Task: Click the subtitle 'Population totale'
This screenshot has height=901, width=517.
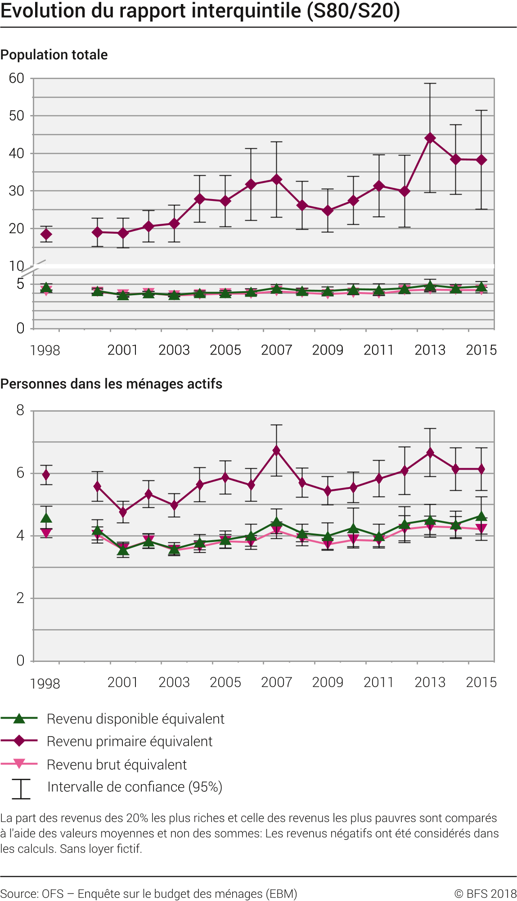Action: tap(54, 55)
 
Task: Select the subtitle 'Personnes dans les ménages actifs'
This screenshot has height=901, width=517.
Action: tap(111, 384)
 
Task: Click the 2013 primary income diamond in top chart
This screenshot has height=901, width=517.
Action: tap(430, 138)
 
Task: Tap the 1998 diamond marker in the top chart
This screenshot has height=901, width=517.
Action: tap(46, 234)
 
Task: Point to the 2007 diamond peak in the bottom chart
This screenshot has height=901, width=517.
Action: tap(277, 450)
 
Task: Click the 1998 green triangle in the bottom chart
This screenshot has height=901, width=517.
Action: tap(46, 518)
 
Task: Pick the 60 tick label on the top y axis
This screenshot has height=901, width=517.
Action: tap(17, 79)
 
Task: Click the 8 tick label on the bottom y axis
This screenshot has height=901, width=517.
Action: tap(20, 410)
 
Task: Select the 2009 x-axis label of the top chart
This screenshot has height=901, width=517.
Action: tap(328, 350)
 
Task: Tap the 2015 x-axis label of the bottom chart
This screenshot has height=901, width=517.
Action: tap(481, 682)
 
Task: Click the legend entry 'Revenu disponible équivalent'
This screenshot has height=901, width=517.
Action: tap(135, 719)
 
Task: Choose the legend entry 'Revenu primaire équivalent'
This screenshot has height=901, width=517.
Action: tap(130, 741)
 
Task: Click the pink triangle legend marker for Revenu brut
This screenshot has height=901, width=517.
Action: tap(19, 763)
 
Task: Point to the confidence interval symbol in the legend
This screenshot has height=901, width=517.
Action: tap(21, 789)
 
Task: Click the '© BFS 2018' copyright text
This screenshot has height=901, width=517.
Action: tap(485, 894)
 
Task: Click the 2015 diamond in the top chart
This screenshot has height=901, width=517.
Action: tap(481, 160)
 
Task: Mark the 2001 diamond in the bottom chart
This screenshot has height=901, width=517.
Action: tap(123, 512)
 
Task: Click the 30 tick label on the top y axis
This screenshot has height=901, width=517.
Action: tap(17, 191)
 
